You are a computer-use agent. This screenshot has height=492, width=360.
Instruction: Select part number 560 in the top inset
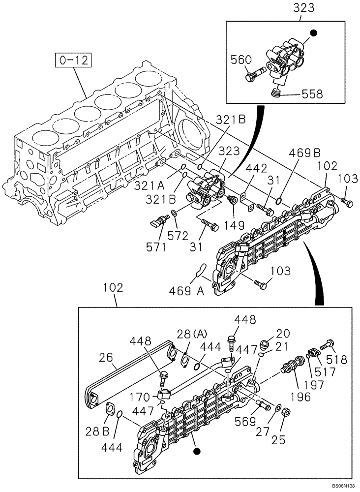(241, 61)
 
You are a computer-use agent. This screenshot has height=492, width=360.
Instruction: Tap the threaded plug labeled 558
(278, 92)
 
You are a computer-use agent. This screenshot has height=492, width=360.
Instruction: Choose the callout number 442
(256, 168)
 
